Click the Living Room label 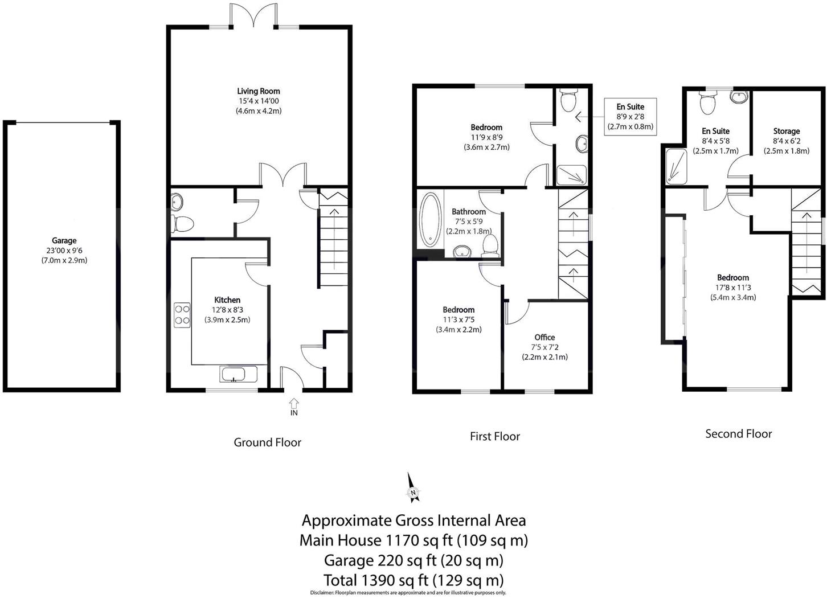(x=259, y=91)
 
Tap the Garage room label (x=64, y=240)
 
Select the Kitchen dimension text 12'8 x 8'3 (x=227, y=310)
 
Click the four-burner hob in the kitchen (x=182, y=315)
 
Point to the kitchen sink (x=232, y=375)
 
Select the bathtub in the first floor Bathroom (x=430, y=219)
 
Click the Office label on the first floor (x=544, y=337)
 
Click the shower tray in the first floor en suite (x=571, y=174)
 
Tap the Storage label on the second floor (x=786, y=131)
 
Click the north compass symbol (x=413, y=490)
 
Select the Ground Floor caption (x=267, y=442)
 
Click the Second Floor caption (x=738, y=433)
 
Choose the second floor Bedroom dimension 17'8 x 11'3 (x=732, y=288)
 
